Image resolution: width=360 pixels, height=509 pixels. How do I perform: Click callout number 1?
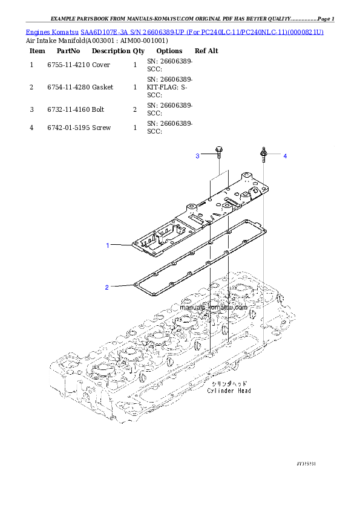[x=108, y=245]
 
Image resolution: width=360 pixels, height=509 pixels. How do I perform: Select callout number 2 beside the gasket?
[x=107, y=287]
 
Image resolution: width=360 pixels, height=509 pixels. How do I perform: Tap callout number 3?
[x=197, y=157]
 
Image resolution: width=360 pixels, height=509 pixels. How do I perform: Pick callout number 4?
[x=285, y=157]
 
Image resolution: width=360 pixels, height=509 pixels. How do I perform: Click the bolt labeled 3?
[x=218, y=152]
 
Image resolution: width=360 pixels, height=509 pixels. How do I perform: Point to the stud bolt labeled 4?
[x=264, y=154]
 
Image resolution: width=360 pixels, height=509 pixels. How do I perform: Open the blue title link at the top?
[x=175, y=31]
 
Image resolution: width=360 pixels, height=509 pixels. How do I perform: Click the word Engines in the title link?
[x=38, y=31]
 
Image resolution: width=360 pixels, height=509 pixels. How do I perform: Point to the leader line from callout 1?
[x=121, y=245]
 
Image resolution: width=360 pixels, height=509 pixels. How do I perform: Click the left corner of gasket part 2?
[x=136, y=283]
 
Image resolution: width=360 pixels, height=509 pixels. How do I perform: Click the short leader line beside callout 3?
[x=207, y=156]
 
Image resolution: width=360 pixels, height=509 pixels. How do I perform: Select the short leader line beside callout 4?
[x=275, y=156]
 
